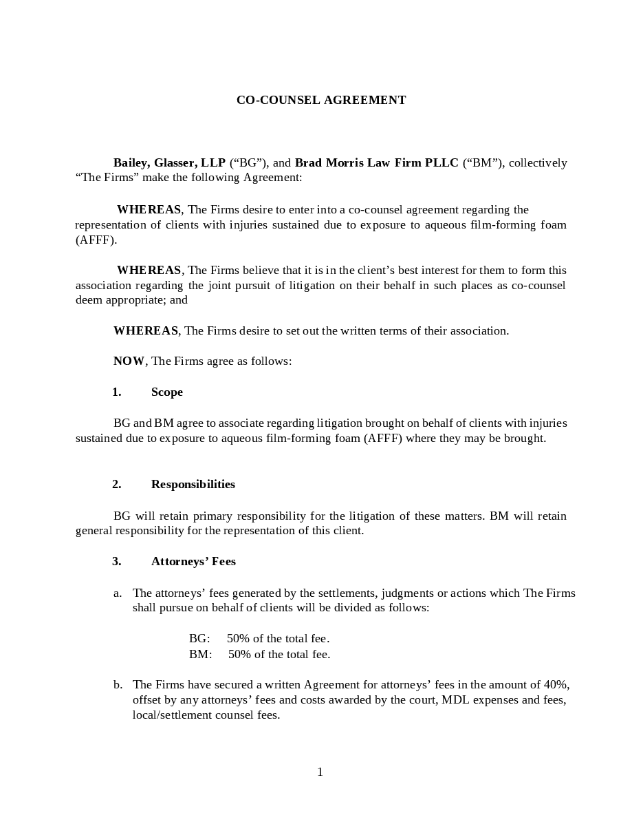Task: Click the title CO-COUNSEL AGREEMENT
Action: [321, 100]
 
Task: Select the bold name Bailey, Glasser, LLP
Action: [169, 162]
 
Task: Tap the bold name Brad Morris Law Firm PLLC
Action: [376, 162]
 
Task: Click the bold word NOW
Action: [129, 361]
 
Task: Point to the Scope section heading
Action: [167, 392]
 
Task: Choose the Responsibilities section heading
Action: [193, 484]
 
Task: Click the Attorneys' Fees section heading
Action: [193, 561]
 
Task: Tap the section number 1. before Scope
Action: [116, 392]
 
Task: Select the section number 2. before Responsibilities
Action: [116, 484]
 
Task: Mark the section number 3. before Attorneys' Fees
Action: [116, 561]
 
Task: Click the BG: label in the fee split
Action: [199, 638]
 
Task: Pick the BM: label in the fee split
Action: [200, 654]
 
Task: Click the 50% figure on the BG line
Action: [239, 638]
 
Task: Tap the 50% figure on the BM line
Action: [240, 654]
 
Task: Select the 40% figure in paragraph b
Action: [556, 684]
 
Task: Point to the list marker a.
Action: [118, 593]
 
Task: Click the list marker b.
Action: [118, 684]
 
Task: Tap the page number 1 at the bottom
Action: [320, 772]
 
